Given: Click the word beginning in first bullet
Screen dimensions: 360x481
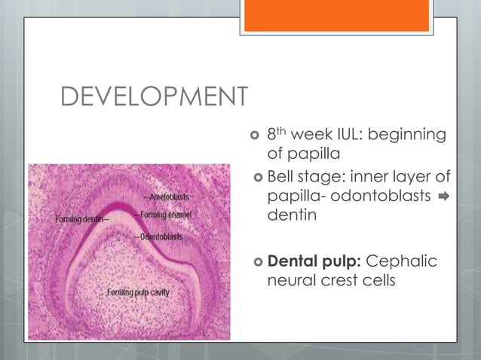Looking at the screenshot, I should [408, 136].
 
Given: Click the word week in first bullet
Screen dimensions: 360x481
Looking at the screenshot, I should [312, 136].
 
